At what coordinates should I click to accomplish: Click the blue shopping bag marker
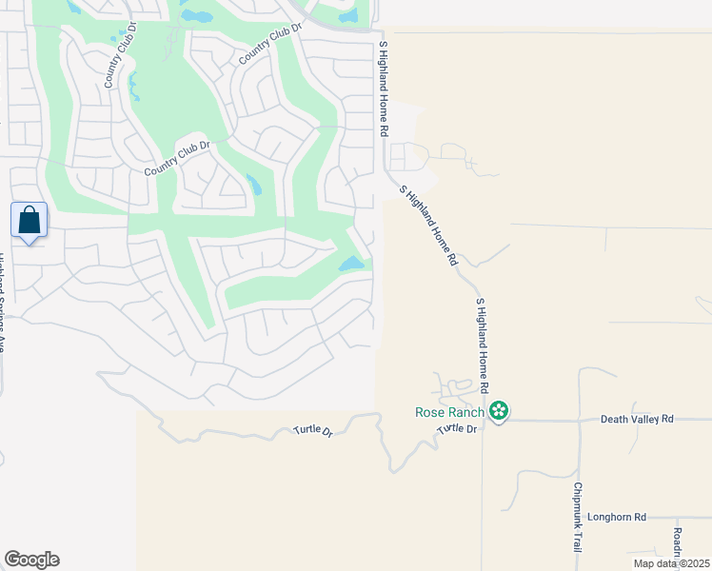click(30, 221)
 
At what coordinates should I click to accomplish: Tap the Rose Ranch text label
click(450, 412)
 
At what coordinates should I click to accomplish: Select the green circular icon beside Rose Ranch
click(498, 411)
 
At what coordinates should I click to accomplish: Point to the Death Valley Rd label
click(637, 419)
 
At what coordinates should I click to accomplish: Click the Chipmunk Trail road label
click(578, 518)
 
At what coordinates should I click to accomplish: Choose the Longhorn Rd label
click(617, 517)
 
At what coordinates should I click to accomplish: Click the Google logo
click(31, 560)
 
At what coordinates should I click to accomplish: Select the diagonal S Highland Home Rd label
click(429, 225)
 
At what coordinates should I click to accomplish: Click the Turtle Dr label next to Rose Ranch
click(457, 429)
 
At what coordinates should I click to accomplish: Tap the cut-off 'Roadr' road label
click(678, 543)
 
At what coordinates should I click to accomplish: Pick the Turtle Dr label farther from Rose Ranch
click(314, 432)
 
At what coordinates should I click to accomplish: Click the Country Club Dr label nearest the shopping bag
click(176, 158)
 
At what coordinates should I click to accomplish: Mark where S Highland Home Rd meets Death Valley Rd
click(483, 420)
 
